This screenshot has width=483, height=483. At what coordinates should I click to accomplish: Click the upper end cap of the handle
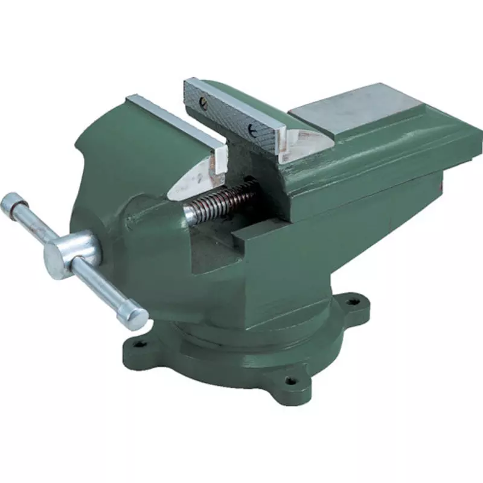coord(13,204)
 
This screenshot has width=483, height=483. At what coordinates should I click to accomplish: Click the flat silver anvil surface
coord(356,109)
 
